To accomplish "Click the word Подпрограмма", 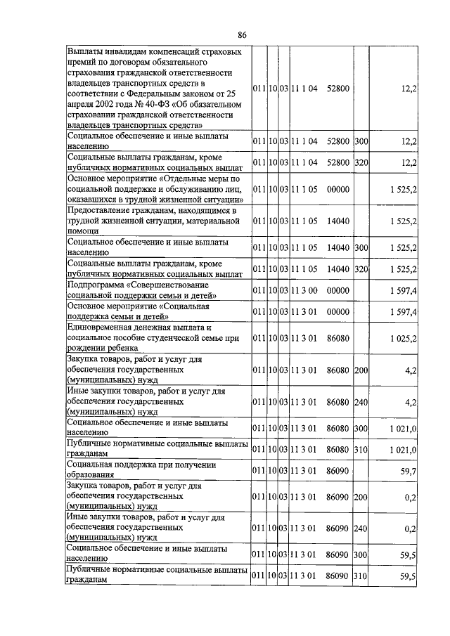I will [x=98, y=284].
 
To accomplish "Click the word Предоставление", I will [x=103, y=210].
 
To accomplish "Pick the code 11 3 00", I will [x=306, y=290].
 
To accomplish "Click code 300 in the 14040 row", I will [x=361, y=247].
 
